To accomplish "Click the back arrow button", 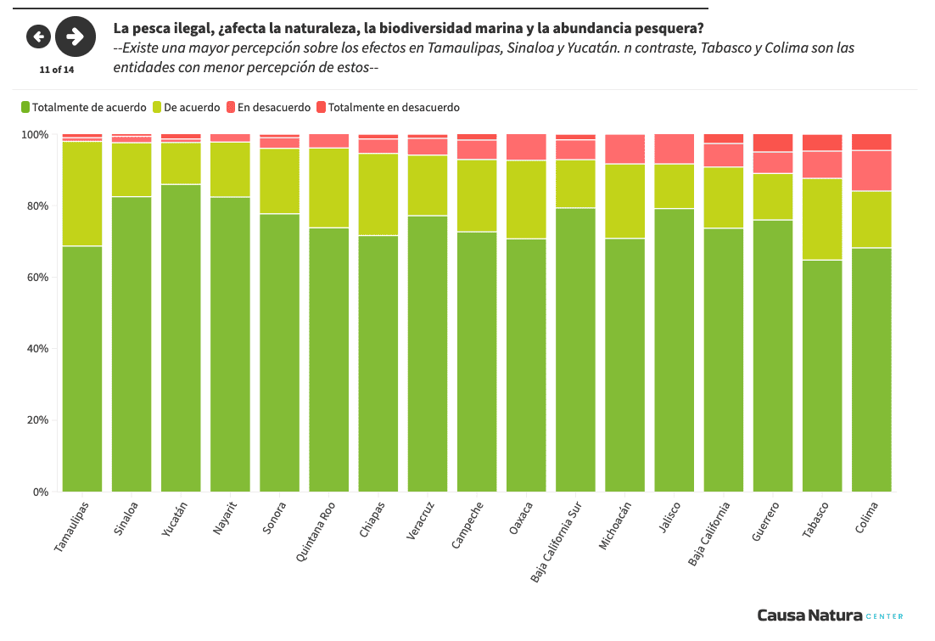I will (x=38, y=36).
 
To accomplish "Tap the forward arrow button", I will (x=75, y=36).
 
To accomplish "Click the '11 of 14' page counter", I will (x=57, y=70).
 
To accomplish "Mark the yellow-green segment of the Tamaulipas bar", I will (x=81, y=194).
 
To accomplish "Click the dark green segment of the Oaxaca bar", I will (x=526, y=365).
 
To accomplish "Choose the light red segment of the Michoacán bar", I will (x=624, y=149).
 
